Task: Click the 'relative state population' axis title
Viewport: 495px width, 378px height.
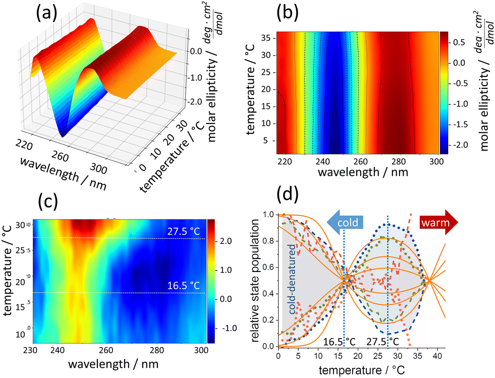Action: pos(256,280)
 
